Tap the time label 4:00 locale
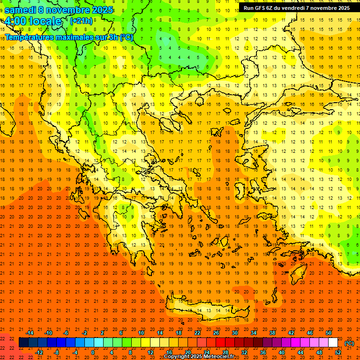tap(33, 21)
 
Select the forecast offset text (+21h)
tap(81, 21)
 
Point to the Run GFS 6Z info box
tap(296, 8)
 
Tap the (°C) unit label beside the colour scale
tap(349, 343)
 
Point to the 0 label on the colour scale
tap(93, 352)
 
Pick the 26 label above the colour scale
tap(216, 333)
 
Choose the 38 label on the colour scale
tap(272, 333)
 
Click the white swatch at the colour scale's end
tap(333, 343)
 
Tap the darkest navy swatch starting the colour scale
tap(23, 343)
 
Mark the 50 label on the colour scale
tap(329, 333)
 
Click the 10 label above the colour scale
tap(141, 333)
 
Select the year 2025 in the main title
tap(103, 10)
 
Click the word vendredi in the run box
tap(292, 8)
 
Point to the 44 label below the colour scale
tap(300, 352)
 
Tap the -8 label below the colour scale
tap(56, 352)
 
